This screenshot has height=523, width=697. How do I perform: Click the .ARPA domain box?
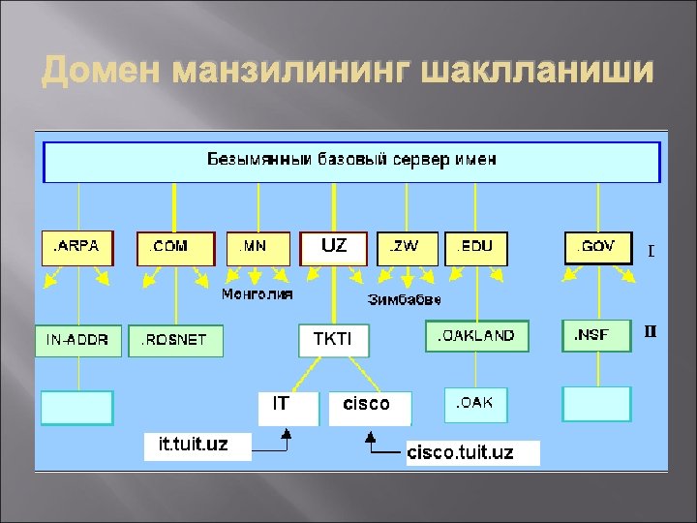76,247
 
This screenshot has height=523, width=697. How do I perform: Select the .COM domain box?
173,248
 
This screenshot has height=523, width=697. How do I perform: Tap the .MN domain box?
258,247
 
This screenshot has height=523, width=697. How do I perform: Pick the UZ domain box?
335,247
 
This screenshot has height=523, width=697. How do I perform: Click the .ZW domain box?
406,247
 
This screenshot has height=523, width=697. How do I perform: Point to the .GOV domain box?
597,247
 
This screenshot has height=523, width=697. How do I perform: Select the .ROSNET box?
174,340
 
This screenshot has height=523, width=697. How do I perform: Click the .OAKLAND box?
477,336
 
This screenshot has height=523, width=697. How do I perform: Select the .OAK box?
475,404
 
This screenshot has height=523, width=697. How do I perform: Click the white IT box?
288,408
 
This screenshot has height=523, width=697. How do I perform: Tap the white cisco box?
370,408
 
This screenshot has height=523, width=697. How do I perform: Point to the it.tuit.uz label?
197,446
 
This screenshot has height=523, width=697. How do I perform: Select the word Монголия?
257,293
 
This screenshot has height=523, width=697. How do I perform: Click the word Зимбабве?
404,299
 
